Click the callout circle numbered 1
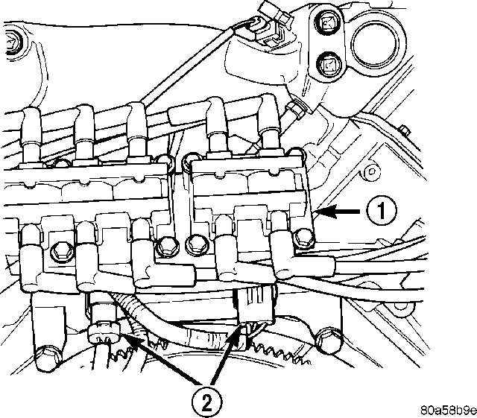click(382, 210)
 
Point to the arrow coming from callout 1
click(338, 211)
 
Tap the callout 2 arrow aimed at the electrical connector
click(226, 354)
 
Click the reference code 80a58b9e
click(449, 410)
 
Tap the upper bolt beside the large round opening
click(328, 22)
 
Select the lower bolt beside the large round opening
click(329, 64)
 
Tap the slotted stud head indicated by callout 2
click(104, 333)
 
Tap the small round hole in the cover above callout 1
click(371, 171)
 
